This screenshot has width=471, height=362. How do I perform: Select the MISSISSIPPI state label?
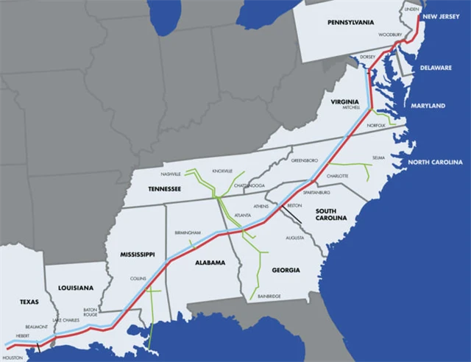pos(137,254)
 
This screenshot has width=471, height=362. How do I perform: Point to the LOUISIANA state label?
pos(71,287)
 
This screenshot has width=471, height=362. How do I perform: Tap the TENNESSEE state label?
pos(163,189)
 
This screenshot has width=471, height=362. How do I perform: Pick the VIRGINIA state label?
pos(344,100)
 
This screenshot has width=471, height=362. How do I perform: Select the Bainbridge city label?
pos(269,296)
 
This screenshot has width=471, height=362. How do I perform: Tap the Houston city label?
pos(13,358)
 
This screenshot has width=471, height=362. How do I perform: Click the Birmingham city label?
pos(188,233)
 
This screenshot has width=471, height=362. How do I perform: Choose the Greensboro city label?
pos(304,160)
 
